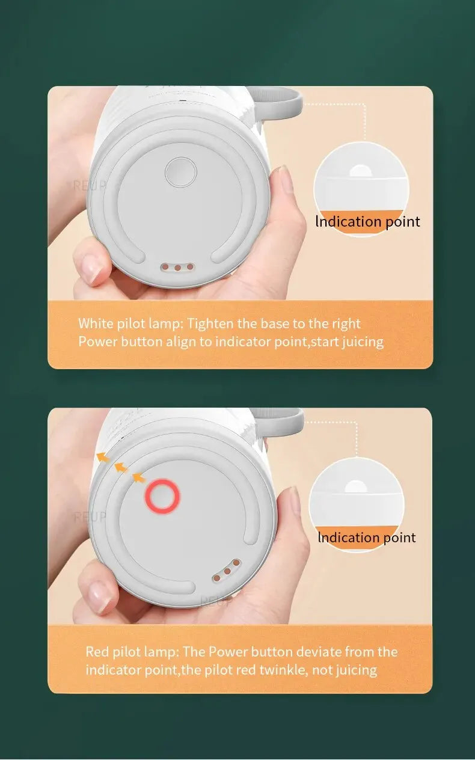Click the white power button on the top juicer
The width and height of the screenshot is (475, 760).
click(x=181, y=173)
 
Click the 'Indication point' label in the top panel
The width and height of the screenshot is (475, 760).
click(x=367, y=222)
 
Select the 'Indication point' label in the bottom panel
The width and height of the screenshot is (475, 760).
click(x=366, y=538)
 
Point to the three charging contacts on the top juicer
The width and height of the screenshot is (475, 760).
click(x=178, y=266)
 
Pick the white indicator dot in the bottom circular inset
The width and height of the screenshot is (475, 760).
click(x=357, y=488)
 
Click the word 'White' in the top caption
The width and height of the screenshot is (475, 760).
click(x=95, y=323)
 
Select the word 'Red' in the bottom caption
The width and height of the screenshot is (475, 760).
click(x=97, y=652)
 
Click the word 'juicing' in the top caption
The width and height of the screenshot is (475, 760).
click(x=363, y=342)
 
